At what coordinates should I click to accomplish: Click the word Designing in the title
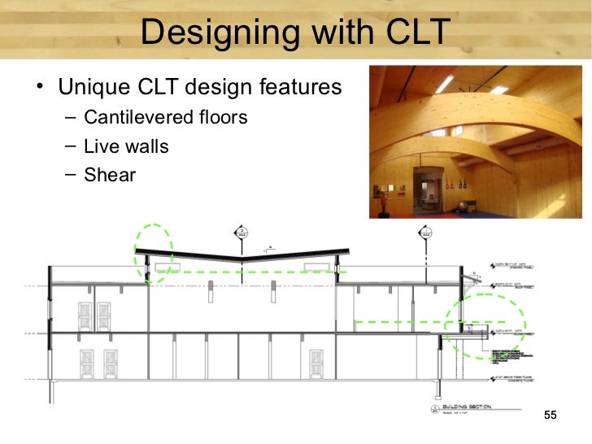coord(207,33)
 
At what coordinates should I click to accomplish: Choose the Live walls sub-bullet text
coord(126,146)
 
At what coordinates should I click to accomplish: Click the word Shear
coord(110,175)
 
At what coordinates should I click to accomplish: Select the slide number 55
coord(550,416)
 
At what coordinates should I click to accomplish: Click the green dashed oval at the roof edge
coord(153,253)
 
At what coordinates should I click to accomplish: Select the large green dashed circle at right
coord(485,325)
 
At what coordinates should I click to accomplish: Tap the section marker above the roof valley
coord(242,234)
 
